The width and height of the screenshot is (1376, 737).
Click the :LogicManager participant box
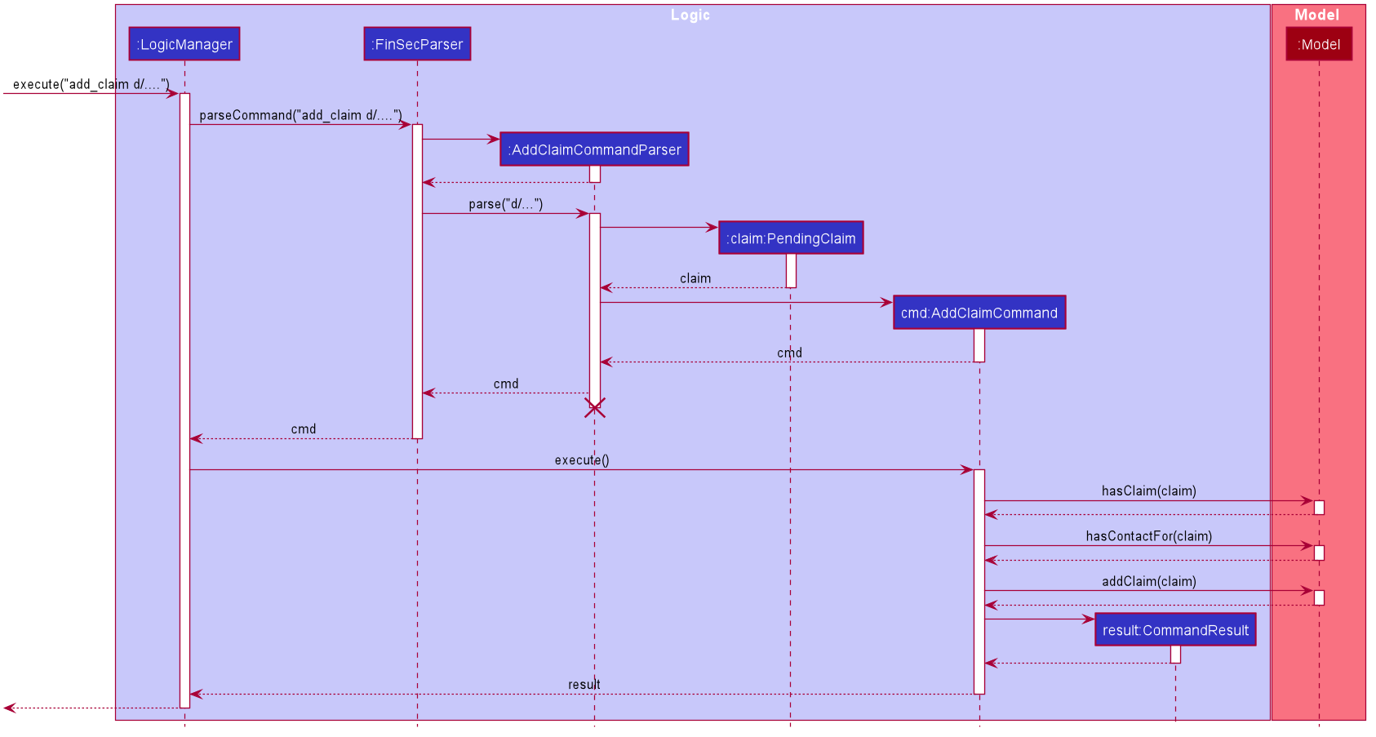184,44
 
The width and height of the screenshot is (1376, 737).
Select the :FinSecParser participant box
417,44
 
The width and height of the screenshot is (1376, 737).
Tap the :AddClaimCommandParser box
594,149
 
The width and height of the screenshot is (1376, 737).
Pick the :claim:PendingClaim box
791,238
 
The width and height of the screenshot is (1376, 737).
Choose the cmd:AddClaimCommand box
979,313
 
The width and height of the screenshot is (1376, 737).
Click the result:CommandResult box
1175,630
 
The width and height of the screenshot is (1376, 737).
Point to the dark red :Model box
1319,44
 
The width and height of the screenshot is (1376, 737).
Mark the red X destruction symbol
595,408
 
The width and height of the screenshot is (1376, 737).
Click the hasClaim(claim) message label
1148,491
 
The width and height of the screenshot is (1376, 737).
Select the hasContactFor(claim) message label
1148,536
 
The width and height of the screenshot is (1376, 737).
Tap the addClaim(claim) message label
1148,581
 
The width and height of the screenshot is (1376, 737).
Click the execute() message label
582,460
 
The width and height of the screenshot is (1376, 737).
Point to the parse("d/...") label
505,204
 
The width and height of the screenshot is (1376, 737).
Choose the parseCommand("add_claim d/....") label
300,115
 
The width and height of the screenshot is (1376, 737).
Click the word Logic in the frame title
690,15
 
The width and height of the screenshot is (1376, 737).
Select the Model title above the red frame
1316,15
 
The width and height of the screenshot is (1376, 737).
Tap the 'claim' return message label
695,278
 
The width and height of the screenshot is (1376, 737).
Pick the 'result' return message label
584,685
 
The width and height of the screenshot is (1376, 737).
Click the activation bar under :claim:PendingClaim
791,270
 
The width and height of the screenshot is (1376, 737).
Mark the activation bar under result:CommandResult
1175,654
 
